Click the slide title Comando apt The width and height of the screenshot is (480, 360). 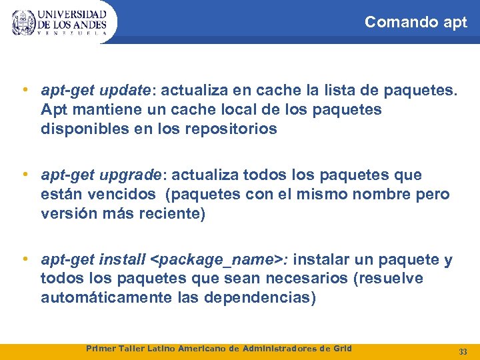coord(416,22)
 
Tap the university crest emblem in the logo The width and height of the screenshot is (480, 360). coord(24,22)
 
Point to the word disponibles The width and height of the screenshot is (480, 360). coord(81,129)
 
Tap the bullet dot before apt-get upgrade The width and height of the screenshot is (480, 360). coord(25,175)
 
